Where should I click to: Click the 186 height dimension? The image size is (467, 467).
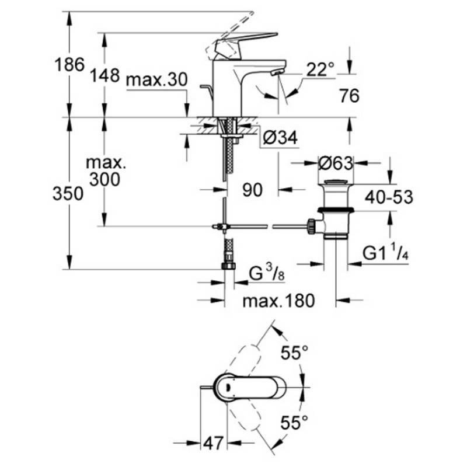pos(69,64)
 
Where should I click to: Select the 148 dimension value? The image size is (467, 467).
pos(105,75)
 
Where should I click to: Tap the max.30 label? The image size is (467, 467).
pos(157,79)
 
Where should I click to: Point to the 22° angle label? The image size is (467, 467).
pos(320,69)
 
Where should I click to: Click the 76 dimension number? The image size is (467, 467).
pos(349,96)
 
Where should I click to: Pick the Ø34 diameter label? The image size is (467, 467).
pos(280,138)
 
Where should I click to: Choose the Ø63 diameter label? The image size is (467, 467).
pos(336,163)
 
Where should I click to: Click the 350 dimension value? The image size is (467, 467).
pos(68,194)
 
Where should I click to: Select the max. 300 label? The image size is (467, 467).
pos(105,171)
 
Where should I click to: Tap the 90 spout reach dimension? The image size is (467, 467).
pos(253,190)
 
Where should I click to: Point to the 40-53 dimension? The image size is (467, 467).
pos(389,197)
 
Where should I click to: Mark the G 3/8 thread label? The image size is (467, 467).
pos(267,274)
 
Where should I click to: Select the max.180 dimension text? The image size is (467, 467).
pos(278,301)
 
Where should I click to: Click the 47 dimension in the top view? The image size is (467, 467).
pos(213,444)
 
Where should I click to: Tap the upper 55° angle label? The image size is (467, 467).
pos(295,353)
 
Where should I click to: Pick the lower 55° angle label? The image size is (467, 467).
pos(295,421)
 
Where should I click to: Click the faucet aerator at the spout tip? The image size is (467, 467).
pos(277,72)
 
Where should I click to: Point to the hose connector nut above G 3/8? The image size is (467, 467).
pos(228,266)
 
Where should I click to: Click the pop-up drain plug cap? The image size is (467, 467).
pos(336,182)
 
